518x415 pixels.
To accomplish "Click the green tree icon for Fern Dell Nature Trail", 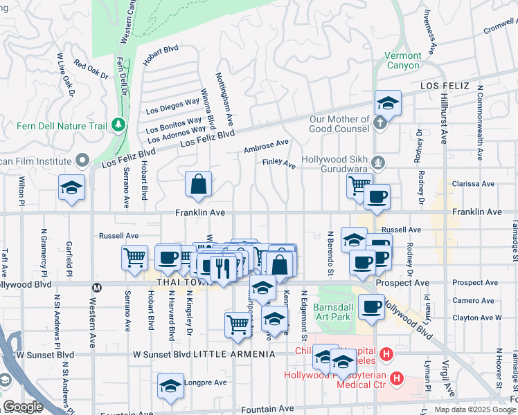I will [x=119, y=124].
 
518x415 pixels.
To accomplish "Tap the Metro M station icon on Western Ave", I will [x=97, y=287].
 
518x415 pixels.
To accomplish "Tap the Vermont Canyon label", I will [x=402, y=60].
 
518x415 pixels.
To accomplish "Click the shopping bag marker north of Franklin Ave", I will [x=198, y=185].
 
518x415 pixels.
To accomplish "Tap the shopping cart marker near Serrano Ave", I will [x=134, y=258].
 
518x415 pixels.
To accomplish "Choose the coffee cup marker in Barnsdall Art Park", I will [x=371, y=306].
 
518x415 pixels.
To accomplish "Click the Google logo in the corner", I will [x=23, y=407].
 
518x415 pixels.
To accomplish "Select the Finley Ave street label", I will [x=278, y=165].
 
